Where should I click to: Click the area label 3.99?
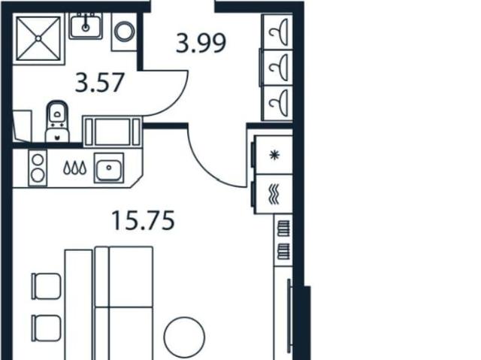(201, 44)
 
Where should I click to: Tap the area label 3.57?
(100, 82)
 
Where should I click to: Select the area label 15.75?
(144, 220)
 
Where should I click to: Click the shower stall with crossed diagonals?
(38, 38)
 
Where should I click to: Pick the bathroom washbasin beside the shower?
(86, 26)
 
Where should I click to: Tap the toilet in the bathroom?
(57, 122)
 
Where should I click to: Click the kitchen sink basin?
(109, 168)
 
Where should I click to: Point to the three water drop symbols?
(75, 168)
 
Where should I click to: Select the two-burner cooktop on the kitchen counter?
(38, 168)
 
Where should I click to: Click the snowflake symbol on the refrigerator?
(274, 155)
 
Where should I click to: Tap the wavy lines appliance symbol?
(274, 194)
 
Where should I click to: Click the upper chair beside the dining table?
(47, 286)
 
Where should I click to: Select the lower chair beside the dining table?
(47, 328)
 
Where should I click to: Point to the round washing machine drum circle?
(124, 31)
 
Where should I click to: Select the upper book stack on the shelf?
(283, 228)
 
